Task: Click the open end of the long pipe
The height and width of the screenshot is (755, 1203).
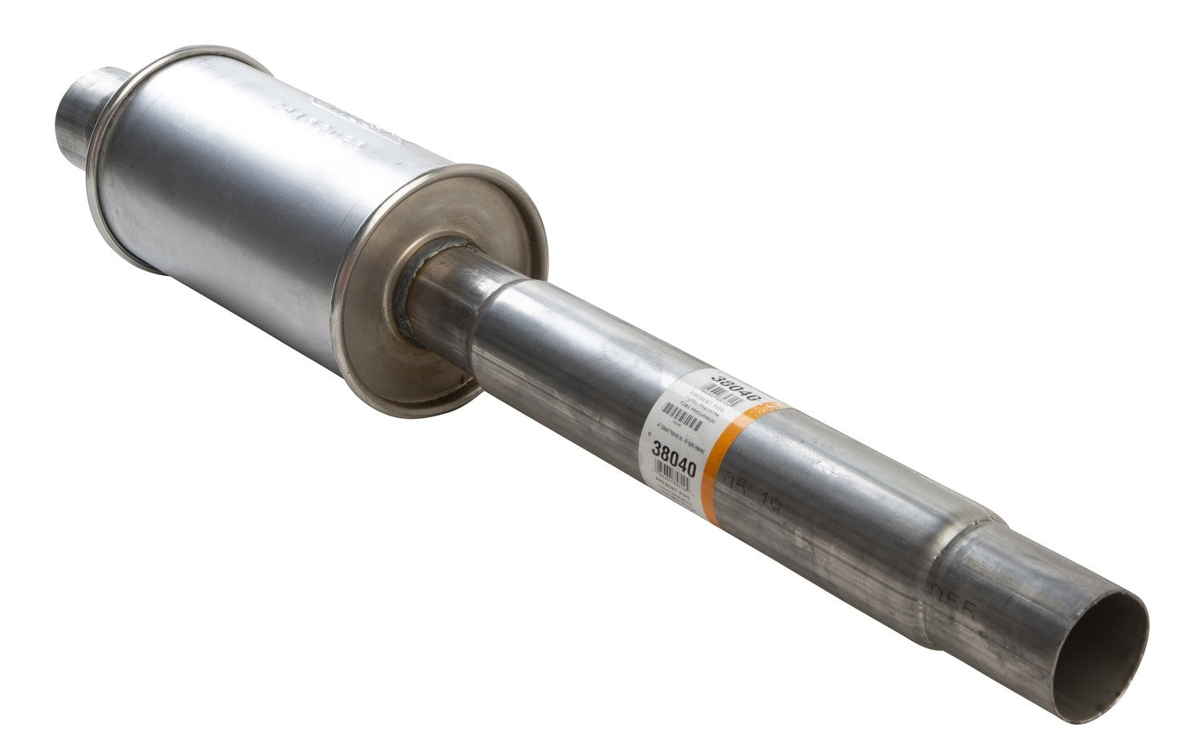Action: (1099, 646)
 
